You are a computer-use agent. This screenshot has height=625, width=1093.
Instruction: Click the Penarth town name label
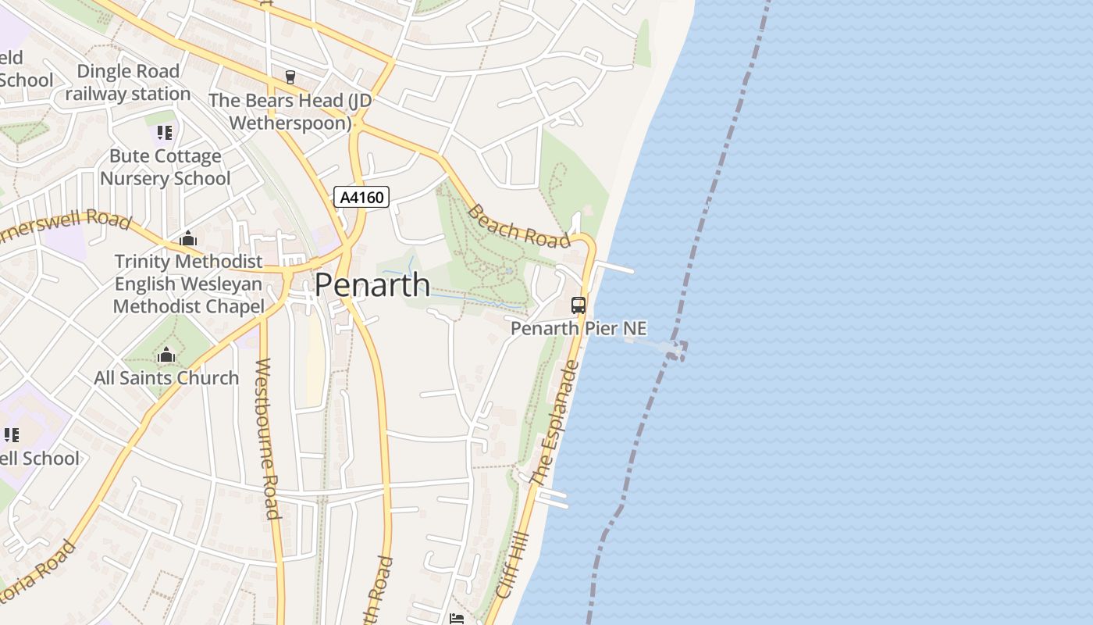coord(372,285)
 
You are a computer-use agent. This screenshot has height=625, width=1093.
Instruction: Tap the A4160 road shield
coord(361,197)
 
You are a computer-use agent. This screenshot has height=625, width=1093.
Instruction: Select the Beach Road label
coord(519,227)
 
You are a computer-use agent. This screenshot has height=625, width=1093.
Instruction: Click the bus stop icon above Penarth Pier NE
coord(579,305)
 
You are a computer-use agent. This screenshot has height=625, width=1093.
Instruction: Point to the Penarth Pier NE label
coord(579,329)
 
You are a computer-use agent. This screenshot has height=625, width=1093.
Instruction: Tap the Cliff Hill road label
coord(512,566)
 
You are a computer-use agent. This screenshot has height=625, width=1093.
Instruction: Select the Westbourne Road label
coord(267,438)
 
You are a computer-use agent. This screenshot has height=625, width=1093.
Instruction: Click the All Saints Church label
coord(166,378)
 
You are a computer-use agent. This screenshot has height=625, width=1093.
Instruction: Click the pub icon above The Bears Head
coord(290,77)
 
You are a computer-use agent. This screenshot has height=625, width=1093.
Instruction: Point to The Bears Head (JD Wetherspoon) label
coord(290,112)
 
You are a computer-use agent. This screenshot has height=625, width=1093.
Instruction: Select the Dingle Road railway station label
coord(128,83)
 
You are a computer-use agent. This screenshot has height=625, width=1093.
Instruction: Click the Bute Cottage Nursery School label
coord(166,167)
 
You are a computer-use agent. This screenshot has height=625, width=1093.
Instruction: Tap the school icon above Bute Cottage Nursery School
coord(164,133)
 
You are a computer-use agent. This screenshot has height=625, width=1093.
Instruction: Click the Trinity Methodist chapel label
coord(189,284)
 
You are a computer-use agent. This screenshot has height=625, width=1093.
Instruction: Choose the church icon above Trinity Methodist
coord(188,239)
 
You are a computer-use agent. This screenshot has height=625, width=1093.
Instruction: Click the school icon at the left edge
coord(11,435)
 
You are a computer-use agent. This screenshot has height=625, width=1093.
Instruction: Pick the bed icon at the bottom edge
coord(457,619)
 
